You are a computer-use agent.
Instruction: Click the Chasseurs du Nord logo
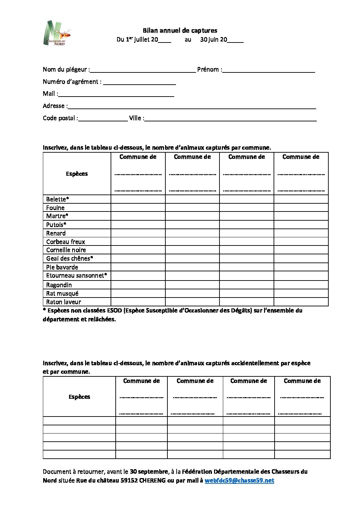click(x=57, y=33)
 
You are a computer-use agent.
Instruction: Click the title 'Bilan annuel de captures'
click(x=180, y=31)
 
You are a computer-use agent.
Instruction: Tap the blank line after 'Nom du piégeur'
click(x=143, y=70)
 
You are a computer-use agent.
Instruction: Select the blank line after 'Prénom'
click(x=268, y=70)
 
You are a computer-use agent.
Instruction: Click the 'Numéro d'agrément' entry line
click(x=140, y=83)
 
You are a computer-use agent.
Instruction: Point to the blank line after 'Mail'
click(x=116, y=95)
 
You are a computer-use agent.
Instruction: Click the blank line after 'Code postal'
click(x=103, y=119)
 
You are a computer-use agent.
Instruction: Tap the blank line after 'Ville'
click(x=231, y=119)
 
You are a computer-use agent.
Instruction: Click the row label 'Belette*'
click(x=58, y=199)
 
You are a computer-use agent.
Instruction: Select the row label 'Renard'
click(x=56, y=233)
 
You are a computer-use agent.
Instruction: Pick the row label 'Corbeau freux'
click(x=66, y=242)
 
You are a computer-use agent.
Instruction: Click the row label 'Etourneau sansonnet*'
click(x=77, y=275)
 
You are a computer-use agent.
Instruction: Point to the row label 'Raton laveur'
click(x=64, y=302)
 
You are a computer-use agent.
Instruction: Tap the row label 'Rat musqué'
click(x=62, y=293)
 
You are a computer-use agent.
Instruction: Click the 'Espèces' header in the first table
click(x=77, y=174)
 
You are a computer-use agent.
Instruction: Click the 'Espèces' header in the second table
click(x=79, y=397)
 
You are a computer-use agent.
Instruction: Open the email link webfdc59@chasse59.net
click(x=239, y=480)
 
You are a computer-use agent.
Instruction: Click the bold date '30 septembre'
click(x=149, y=472)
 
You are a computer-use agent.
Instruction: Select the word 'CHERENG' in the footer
click(x=152, y=480)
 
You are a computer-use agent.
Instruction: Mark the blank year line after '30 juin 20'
click(x=235, y=40)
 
